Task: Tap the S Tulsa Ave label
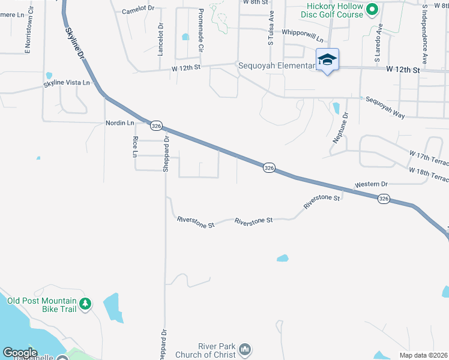pos(271,27)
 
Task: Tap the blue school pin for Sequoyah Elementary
pos(327,60)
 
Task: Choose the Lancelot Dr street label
pos(161,40)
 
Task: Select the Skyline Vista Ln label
pos(67,83)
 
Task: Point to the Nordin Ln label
pos(119,123)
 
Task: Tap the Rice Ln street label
pos(134,148)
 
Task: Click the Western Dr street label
pos(372,184)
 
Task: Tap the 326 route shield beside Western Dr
pos(384,198)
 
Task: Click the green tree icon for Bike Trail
pos(85,304)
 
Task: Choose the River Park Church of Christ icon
pos(244,349)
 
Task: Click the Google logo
pos(20,353)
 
